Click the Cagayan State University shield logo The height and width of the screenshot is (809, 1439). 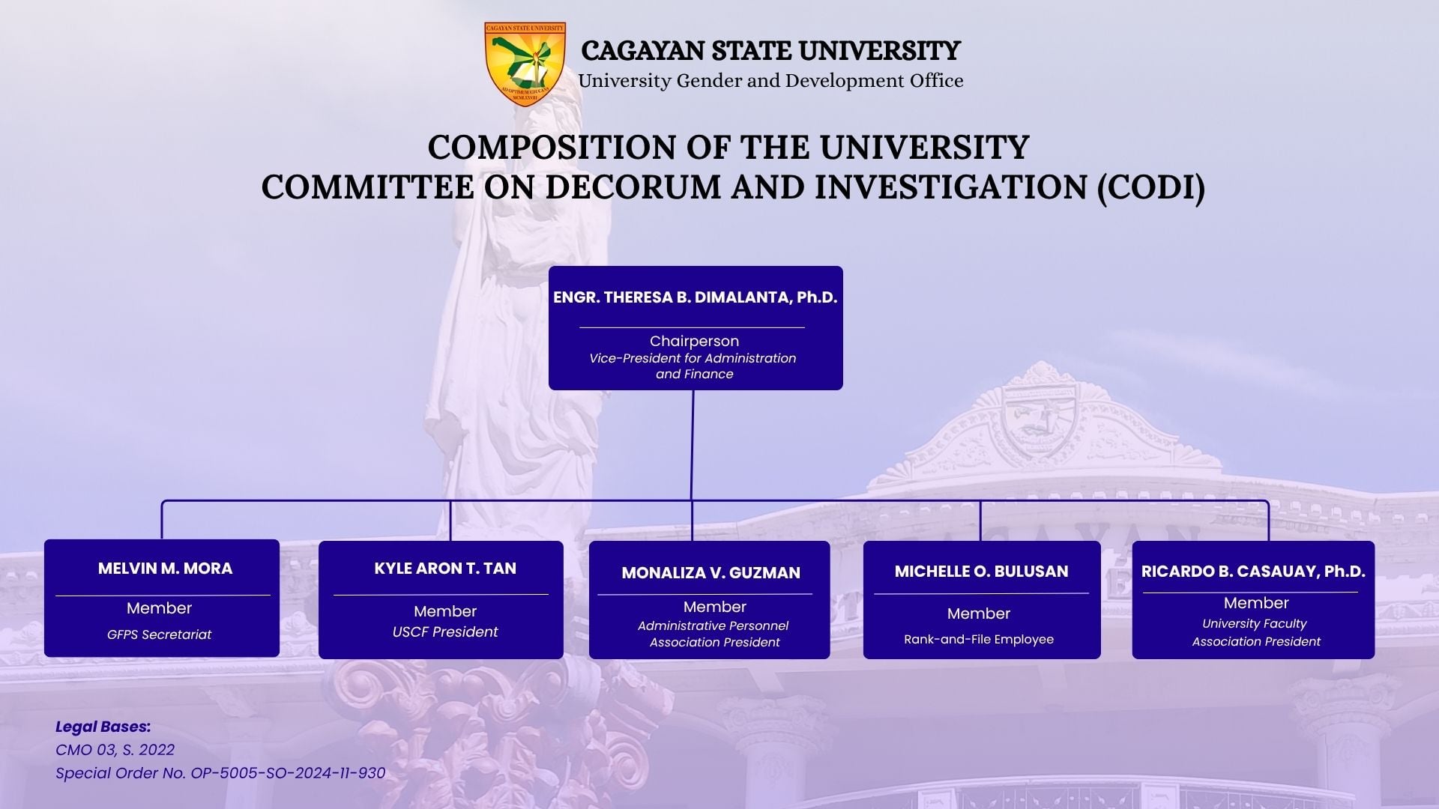(x=525, y=64)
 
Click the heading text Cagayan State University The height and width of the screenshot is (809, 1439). (x=770, y=51)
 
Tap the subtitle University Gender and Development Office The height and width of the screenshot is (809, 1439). (x=770, y=81)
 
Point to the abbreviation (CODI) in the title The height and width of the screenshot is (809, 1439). (x=1151, y=187)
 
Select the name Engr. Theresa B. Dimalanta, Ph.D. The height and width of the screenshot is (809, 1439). (x=695, y=297)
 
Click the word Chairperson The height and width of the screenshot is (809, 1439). (x=694, y=341)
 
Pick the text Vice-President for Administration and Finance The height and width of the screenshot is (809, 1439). (x=693, y=366)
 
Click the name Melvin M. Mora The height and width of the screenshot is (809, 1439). (x=165, y=569)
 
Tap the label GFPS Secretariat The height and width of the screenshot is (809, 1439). (x=159, y=634)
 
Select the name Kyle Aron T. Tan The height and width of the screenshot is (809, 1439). (x=445, y=569)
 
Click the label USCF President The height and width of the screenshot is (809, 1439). (x=445, y=632)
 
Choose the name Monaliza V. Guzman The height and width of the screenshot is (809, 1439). (x=711, y=573)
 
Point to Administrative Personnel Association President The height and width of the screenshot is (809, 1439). (x=714, y=634)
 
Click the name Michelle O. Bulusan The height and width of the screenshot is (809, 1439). (x=981, y=572)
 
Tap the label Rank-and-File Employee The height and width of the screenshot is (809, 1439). (x=979, y=640)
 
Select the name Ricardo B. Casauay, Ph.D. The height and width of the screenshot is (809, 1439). (x=1253, y=572)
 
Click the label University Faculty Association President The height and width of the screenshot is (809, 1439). (x=1256, y=632)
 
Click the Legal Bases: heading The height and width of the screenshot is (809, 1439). (x=103, y=727)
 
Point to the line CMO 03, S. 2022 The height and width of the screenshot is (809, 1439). (x=115, y=750)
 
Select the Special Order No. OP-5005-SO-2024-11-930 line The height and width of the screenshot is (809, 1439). (x=220, y=773)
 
